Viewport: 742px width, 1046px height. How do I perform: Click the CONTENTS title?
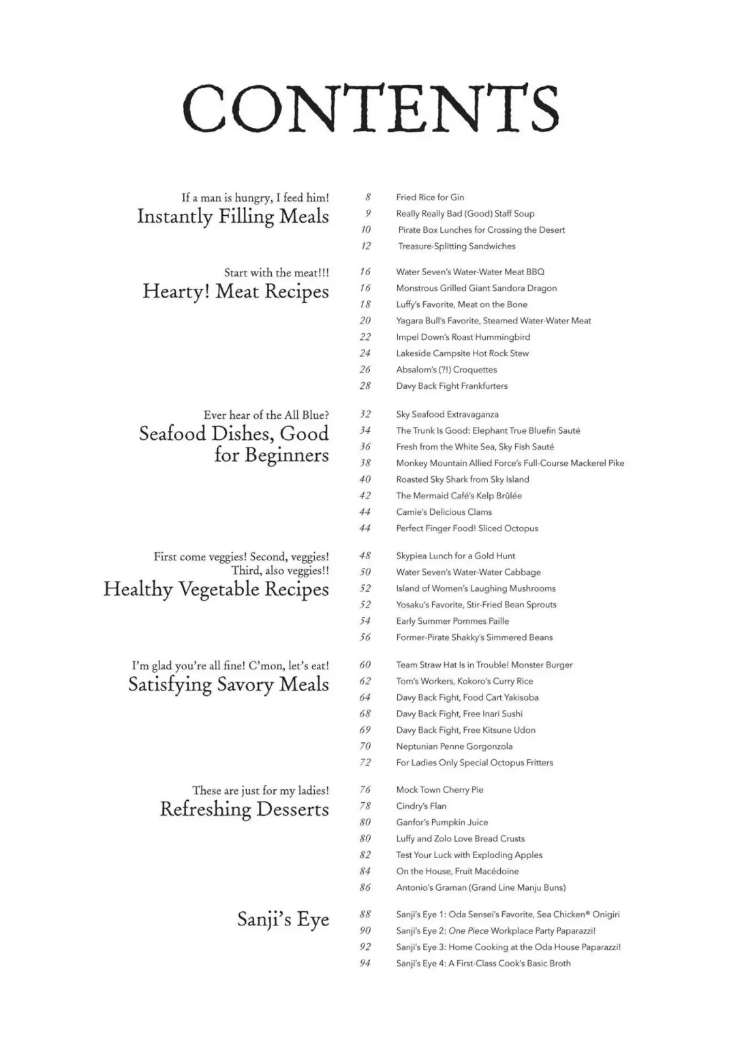pyautogui.click(x=371, y=108)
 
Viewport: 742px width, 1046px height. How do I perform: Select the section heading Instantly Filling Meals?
pyautogui.click(x=233, y=217)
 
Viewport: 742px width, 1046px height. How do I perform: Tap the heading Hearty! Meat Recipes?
pyautogui.click(x=236, y=291)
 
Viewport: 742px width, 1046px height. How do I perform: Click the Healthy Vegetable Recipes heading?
pyautogui.click(x=216, y=589)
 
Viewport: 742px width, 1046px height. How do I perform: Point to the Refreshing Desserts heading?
pyautogui.click(x=244, y=809)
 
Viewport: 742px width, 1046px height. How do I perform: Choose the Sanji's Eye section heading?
pyautogui.click(x=283, y=919)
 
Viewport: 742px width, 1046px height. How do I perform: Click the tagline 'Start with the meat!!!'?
pyautogui.click(x=277, y=272)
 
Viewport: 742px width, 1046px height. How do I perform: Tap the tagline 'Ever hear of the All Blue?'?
pyautogui.click(x=266, y=415)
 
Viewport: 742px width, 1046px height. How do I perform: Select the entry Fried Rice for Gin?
pyautogui.click(x=430, y=197)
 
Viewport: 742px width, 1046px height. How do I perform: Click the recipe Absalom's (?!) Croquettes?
pyautogui.click(x=446, y=370)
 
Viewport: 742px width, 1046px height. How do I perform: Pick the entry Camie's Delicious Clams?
pyautogui.click(x=444, y=512)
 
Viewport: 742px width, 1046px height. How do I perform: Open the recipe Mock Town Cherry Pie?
pyautogui.click(x=439, y=790)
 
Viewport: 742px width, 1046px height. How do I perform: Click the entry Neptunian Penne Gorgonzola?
pyautogui.click(x=454, y=746)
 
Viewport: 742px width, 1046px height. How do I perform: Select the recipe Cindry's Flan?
pyautogui.click(x=421, y=806)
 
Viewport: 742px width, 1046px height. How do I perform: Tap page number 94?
pyautogui.click(x=365, y=964)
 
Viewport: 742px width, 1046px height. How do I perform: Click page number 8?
pyautogui.click(x=368, y=197)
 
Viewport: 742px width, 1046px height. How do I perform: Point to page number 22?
pyautogui.click(x=365, y=337)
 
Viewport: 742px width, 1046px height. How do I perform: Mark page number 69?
pyautogui.click(x=365, y=730)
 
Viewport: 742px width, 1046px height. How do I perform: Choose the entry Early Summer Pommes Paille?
pyautogui.click(x=452, y=621)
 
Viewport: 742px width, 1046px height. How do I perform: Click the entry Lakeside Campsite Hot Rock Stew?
pyautogui.click(x=462, y=353)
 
